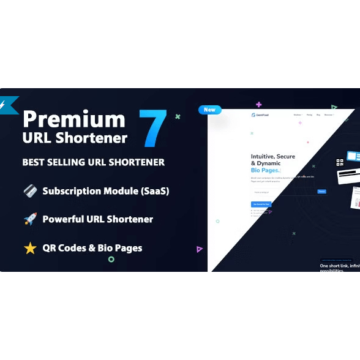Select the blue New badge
[209, 110]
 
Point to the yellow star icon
[30, 248]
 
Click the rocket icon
[30, 219]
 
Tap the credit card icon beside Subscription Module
[30, 190]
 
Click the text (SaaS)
[152, 190]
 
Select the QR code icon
[340, 162]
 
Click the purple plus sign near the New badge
[259, 105]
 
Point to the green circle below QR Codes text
[111, 259]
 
